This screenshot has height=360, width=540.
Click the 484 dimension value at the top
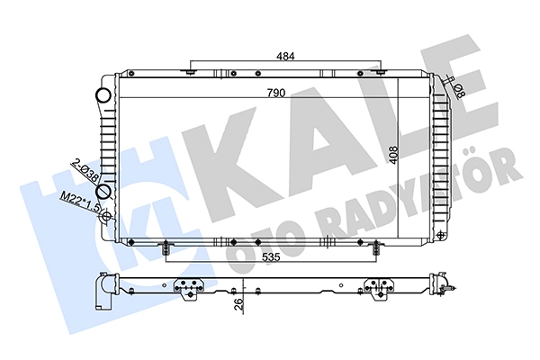tap(285, 56)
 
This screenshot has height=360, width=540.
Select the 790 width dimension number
tap(276, 93)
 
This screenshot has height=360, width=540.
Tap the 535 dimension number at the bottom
tap(272, 257)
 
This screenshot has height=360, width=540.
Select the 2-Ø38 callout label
tap(85, 170)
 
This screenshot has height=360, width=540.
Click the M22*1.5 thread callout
tap(80, 202)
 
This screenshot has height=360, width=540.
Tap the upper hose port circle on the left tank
tap(103, 94)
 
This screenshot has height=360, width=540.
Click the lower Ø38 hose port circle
tap(103, 191)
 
